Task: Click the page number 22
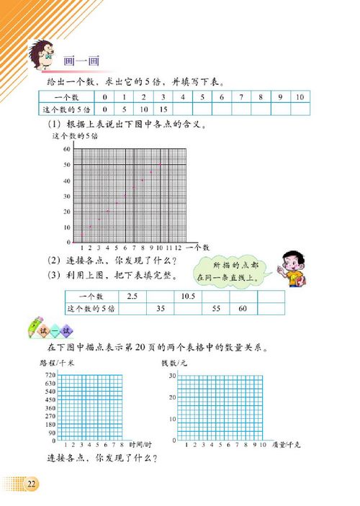click(x=31, y=483)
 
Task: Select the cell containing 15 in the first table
click(x=164, y=109)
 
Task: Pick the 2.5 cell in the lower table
click(x=132, y=296)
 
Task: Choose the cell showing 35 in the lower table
click(x=161, y=308)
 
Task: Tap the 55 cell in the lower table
click(x=216, y=308)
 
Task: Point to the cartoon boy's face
click(x=289, y=264)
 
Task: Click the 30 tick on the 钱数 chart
click(x=172, y=376)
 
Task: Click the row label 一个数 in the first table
click(x=66, y=97)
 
